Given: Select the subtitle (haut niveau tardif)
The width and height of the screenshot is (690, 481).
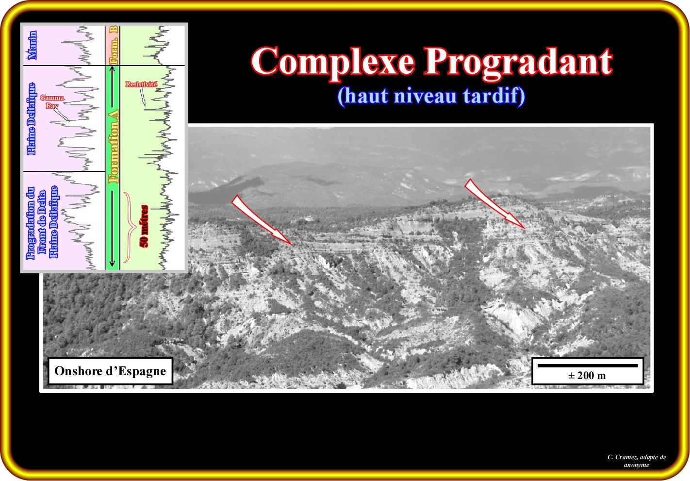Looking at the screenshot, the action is tap(431, 96).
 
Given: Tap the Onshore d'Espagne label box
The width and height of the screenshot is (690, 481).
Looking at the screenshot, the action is tap(110, 371).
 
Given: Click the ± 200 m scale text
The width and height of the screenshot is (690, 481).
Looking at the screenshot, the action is tap(587, 375).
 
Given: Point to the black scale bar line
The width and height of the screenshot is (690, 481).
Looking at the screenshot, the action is tap(588, 365).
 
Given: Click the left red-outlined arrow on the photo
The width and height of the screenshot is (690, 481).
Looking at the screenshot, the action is tap(262, 220).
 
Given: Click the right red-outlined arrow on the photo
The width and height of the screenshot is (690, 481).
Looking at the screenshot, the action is tap(495, 204).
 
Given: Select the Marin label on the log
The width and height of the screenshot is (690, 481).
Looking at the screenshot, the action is tap(32, 45).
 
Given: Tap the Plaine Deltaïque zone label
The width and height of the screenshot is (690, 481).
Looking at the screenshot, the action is tap(32, 119).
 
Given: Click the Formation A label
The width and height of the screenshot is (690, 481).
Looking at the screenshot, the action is tap(114, 147).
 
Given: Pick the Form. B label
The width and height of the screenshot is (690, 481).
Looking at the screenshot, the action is tap(114, 45).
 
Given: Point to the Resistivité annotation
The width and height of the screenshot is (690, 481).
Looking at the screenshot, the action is tap(141, 84).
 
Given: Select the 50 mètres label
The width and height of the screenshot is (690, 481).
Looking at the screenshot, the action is tap(144, 226).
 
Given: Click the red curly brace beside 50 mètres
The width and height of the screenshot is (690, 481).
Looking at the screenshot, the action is tap(130, 228).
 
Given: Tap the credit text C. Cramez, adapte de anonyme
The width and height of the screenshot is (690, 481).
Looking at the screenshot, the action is tap(637, 461).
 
